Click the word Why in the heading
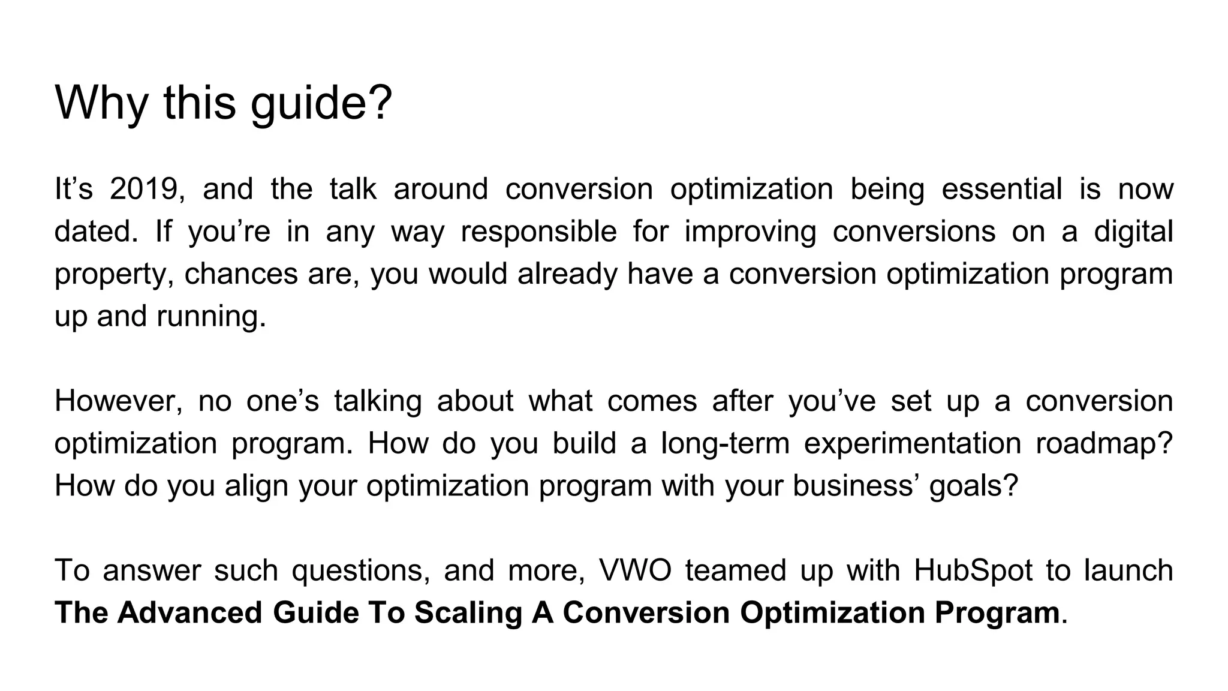[x=101, y=103]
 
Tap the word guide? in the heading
[x=321, y=103]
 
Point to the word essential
[x=1002, y=189]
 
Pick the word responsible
[x=538, y=232]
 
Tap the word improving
[x=750, y=232]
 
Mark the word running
[x=211, y=316]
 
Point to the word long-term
[x=725, y=443]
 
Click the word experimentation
[x=912, y=443]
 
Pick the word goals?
[x=974, y=486]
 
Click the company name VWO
[x=636, y=570]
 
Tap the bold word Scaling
[x=467, y=612]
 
